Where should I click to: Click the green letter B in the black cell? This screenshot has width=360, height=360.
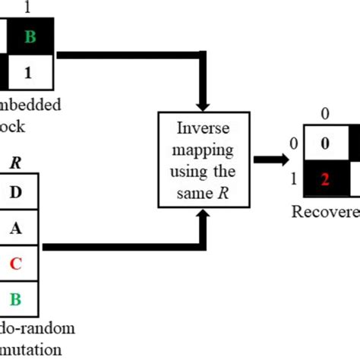[30, 35]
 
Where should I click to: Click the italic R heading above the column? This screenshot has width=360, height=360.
[16, 162]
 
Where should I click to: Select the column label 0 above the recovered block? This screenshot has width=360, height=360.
[324, 115]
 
